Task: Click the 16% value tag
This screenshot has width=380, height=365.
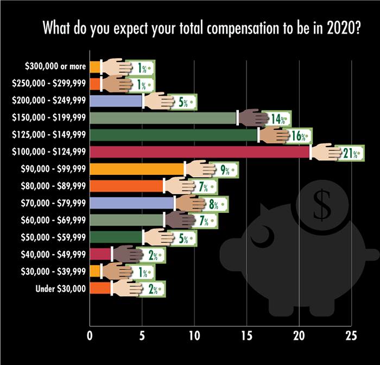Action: (300, 135)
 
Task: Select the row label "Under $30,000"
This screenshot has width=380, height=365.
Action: (61, 288)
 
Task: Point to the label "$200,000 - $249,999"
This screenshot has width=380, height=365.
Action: (49, 100)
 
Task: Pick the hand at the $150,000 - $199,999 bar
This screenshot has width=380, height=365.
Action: (252, 117)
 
